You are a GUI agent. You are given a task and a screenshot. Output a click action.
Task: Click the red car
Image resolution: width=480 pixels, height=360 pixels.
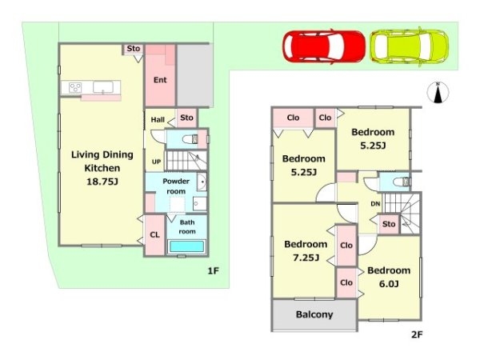point(324,46)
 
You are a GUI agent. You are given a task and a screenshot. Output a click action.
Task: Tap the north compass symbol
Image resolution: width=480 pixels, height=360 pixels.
point(438,92)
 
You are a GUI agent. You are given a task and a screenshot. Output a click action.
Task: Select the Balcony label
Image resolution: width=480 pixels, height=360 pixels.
point(314,314)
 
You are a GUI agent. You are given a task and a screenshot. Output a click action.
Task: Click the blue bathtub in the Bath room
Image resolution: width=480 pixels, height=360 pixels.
point(186,246)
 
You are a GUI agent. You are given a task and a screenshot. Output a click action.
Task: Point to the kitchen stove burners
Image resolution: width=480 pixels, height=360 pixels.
point(75,87)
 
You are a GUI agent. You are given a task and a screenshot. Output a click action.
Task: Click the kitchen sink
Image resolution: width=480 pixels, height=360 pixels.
point(103,87)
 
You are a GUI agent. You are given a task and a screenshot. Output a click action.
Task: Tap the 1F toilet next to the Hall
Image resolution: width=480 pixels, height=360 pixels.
point(190,139)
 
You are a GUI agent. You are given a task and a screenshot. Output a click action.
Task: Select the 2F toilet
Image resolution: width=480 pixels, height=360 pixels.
point(401,182)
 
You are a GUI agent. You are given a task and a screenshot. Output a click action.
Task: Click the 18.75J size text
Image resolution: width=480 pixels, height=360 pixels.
point(102,182)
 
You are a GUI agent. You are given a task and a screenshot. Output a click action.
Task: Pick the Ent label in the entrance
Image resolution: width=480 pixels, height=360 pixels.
point(160,80)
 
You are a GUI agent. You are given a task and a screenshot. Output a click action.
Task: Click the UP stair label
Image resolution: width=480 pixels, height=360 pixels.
point(157,162)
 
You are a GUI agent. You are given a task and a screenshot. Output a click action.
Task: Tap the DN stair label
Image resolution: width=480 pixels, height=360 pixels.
point(375,204)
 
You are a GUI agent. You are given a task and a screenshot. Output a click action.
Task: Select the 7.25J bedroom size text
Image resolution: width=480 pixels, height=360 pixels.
point(306,258)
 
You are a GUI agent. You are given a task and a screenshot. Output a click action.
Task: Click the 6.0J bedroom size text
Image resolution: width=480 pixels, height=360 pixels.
point(389,284)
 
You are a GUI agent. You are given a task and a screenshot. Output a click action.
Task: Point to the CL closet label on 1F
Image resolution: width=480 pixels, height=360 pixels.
point(154,234)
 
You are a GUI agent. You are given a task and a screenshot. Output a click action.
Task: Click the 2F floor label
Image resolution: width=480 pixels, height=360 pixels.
point(417,334)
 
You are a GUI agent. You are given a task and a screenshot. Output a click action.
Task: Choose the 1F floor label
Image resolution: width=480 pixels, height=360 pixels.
point(214,270)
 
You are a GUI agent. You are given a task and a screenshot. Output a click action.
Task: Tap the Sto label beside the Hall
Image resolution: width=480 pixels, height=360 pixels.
point(186,118)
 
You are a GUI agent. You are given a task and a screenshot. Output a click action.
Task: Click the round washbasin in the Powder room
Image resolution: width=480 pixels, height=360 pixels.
point(202,182)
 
